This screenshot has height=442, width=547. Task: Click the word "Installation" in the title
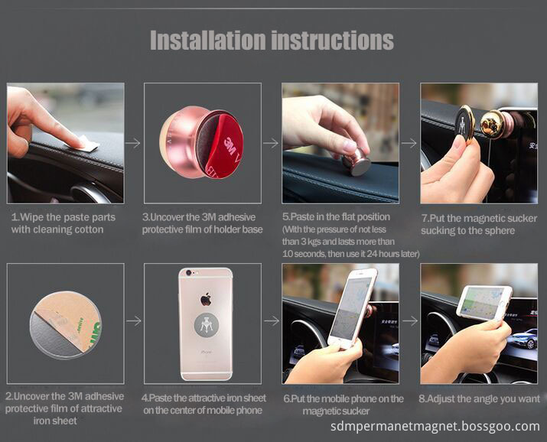pos(208,40)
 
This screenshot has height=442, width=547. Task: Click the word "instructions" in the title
pos(333,40)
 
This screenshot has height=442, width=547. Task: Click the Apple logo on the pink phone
pos(206,300)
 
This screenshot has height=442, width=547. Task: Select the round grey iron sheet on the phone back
pos(206,325)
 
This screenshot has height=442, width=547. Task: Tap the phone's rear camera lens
pos(188,272)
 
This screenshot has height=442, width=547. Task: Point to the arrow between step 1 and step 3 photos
pos(132,143)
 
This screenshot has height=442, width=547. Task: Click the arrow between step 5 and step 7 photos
pos(409,143)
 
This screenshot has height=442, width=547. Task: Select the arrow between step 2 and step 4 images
pos(133,320)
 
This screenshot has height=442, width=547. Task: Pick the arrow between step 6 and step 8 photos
pos(410,320)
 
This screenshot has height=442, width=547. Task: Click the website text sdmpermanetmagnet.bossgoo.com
pos(435,426)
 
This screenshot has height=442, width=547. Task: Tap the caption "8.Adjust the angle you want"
pos(480,398)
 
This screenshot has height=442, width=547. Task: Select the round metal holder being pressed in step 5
pos(357,162)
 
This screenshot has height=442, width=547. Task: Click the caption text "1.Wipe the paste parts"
pos(63,217)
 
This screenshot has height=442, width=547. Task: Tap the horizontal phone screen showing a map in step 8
pos(484,303)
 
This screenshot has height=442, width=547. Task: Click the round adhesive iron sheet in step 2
pos(66,325)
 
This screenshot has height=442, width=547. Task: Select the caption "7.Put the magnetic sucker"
pos(479,219)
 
